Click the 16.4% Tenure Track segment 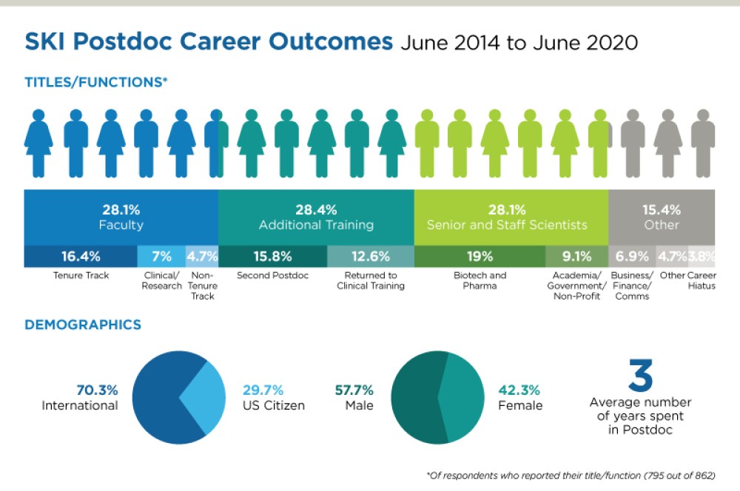81,256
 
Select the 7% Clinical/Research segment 161,256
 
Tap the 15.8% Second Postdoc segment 272,256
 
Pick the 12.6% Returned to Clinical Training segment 370,256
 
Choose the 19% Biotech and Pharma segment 480,256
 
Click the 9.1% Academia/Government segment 576,256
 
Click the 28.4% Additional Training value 315,209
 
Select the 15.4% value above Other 661,209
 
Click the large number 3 640,376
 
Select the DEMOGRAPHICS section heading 83,325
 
